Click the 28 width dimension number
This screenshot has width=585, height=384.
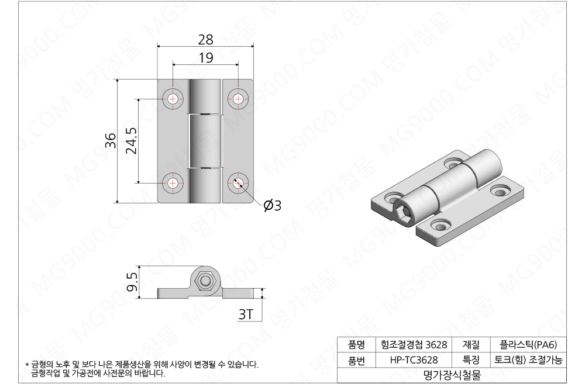point(205,40)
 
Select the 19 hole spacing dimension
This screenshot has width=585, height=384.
point(206,58)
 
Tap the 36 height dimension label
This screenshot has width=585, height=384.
point(111,141)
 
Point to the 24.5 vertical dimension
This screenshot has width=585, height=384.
point(131,141)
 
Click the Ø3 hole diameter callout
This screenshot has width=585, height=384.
point(273,205)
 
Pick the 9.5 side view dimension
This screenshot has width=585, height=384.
point(132,282)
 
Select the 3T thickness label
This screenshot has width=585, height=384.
point(246,314)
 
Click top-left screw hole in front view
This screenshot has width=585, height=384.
point(173,99)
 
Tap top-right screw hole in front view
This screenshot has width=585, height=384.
point(238,99)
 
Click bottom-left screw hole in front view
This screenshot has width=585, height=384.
point(173,183)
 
